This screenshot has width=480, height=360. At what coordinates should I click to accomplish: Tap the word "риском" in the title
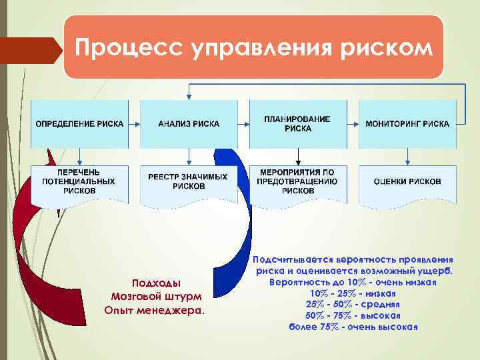click(387, 48)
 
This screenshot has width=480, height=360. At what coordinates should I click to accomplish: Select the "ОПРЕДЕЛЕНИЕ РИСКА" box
click(79, 124)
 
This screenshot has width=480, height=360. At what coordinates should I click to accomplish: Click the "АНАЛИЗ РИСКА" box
click(189, 124)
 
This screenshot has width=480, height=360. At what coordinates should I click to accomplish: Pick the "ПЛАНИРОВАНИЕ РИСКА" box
click(297, 124)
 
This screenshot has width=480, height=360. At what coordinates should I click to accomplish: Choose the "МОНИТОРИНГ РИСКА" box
click(407, 124)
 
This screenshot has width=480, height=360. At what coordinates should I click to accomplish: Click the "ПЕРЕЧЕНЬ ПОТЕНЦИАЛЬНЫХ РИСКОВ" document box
click(79, 182)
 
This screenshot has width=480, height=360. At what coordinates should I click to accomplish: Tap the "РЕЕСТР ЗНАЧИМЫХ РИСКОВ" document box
click(189, 182)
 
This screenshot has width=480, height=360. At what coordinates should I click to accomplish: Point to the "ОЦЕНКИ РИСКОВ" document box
click(407, 182)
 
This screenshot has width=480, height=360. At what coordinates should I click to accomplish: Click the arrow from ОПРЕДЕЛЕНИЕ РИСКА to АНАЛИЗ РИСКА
click(134, 124)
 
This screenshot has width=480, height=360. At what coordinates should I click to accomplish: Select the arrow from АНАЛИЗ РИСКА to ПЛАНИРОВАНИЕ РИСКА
click(243, 124)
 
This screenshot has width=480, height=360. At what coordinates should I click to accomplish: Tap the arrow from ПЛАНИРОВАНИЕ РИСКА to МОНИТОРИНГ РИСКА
click(353, 124)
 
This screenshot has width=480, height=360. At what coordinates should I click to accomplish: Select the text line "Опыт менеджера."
click(155, 309)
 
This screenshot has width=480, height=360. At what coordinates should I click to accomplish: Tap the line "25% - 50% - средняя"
click(353, 304)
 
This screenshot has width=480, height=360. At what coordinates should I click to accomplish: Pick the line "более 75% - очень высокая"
click(353, 327)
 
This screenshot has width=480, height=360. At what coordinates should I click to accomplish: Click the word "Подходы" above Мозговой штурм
click(156, 283)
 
